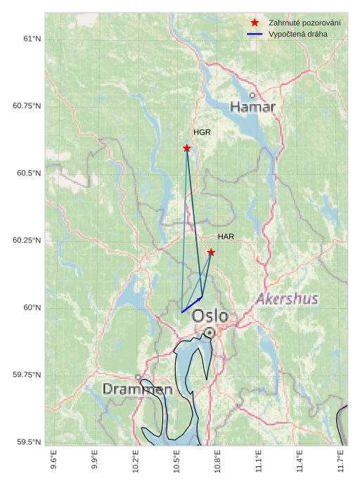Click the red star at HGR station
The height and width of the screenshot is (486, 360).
point(187,148)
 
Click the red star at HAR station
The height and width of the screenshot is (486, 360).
point(211,252)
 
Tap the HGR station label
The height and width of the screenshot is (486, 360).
point(202,132)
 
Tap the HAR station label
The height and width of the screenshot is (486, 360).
point(226,237)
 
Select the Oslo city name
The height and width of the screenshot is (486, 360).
point(210,316)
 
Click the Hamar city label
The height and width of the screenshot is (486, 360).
point(252,107)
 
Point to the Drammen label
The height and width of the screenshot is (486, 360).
point(137,389)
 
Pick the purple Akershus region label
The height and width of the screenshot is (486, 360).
point(287,299)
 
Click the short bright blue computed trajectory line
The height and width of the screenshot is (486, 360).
point(191,305)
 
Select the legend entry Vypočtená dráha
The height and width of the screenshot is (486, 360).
point(297,34)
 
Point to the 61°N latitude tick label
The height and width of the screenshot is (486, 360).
point(32,39)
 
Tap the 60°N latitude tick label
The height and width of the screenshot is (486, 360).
point(32,308)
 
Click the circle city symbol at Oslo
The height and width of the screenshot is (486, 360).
point(210,332)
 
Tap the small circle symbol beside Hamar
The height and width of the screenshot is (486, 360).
point(252,95)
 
